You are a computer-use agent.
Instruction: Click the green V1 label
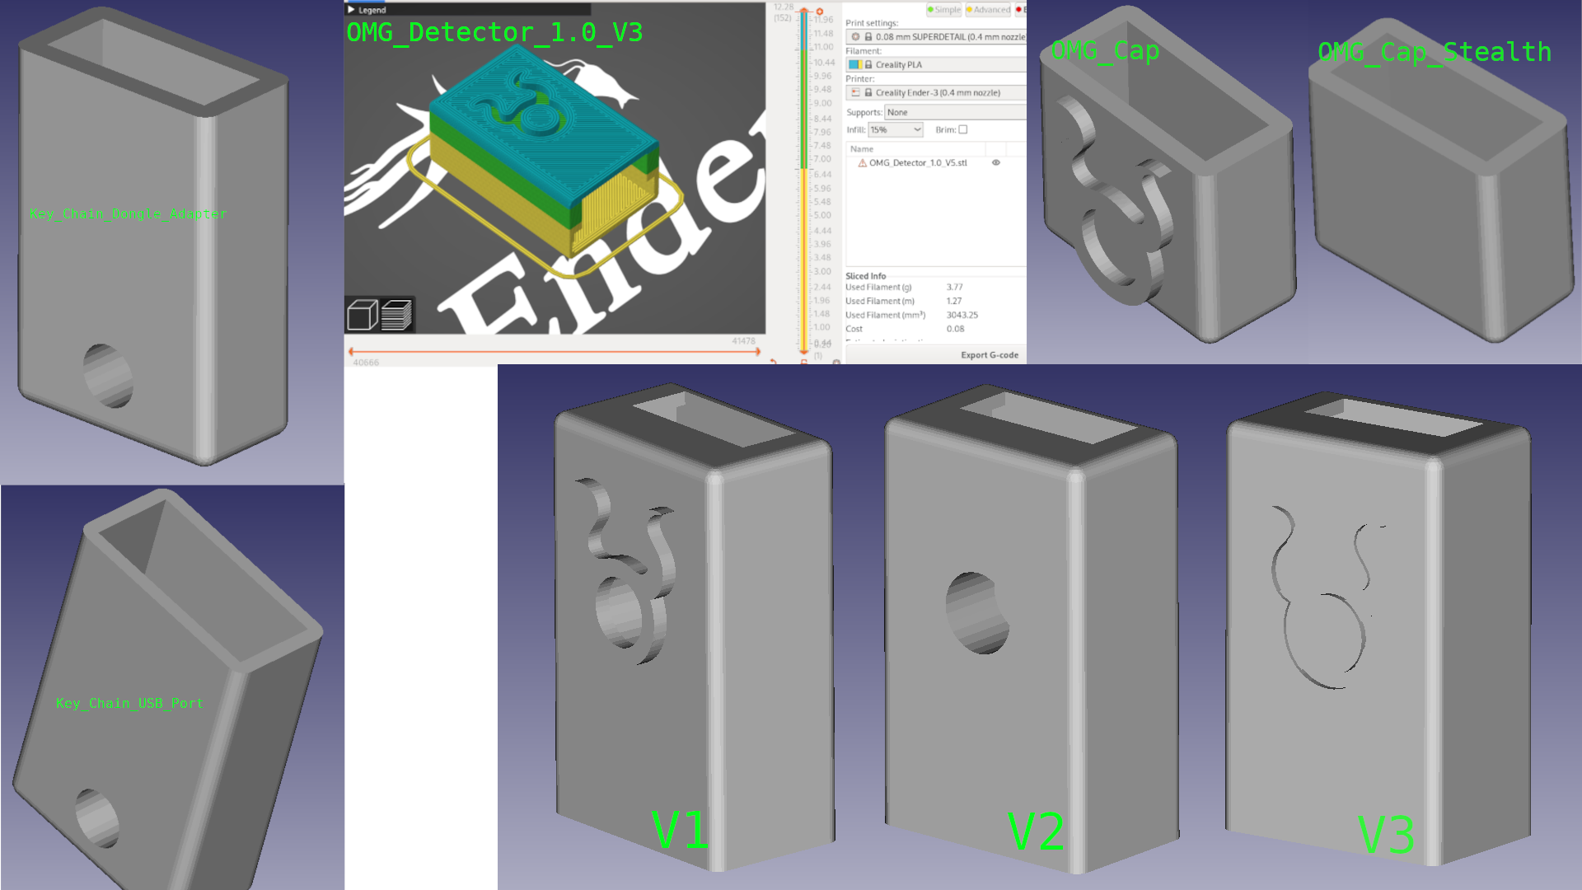tap(680, 830)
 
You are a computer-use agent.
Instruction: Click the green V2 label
tap(1036, 832)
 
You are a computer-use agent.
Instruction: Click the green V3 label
tap(1386, 835)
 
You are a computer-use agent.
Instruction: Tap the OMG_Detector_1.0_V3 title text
tap(494, 33)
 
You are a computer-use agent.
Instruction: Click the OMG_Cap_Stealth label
tap(1434, 52)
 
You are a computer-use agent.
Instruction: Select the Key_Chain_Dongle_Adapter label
tap(128, 214)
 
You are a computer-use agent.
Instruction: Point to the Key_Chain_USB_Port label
tap(129, 703)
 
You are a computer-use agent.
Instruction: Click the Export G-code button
tap(989, 355)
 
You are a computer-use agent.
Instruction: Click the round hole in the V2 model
tap(977, 613)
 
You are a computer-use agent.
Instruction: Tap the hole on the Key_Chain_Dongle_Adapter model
tap(108, 376)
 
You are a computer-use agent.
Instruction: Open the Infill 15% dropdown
tap(896, 130)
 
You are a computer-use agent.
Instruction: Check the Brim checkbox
tap(962, 130)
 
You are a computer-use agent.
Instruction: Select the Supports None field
tap(954, 112)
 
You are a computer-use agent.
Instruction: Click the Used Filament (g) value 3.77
tap(954, 288)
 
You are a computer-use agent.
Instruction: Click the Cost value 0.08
tap(955, 329)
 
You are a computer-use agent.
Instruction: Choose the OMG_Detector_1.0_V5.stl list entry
tap(917, 163)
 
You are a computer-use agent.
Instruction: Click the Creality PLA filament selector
tap(935, 65)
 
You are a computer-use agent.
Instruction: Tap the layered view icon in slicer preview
tap(397, 314)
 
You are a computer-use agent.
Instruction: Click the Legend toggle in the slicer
tap(367, 10)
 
